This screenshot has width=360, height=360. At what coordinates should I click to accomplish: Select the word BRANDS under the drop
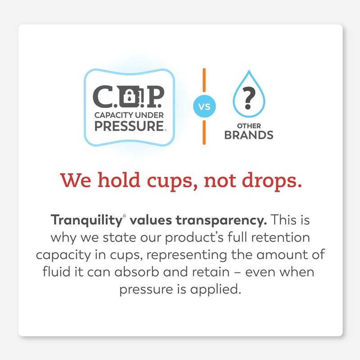pos(248,135)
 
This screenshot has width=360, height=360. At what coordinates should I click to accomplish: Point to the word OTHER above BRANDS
pos(248,125)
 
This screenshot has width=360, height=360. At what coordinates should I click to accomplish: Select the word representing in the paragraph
pos(184,255)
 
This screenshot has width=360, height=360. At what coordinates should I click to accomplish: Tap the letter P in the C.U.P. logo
pos(154,95)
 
